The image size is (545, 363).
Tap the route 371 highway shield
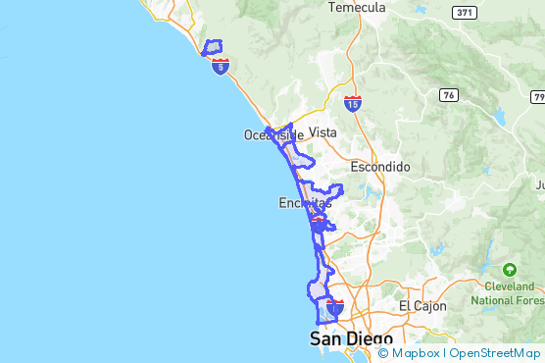pos(465,12)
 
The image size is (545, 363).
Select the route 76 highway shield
pos(448,95)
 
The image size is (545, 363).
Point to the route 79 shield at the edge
pos(538,97)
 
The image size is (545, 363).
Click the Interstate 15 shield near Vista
pos(353,102)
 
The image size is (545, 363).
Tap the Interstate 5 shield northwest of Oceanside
pos(221,66)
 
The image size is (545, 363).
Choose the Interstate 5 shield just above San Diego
pos(335,308)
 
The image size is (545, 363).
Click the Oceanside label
pos(267,135)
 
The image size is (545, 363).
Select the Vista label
pos(322,131)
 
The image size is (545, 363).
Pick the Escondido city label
pos(380,167)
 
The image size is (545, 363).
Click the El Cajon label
pos(421,306)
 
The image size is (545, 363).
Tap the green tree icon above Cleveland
pos(509,269)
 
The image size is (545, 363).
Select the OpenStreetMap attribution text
pos(496,353)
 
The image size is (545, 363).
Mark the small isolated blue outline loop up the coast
pos(212,46)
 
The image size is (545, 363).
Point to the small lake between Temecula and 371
pos(421,10)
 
